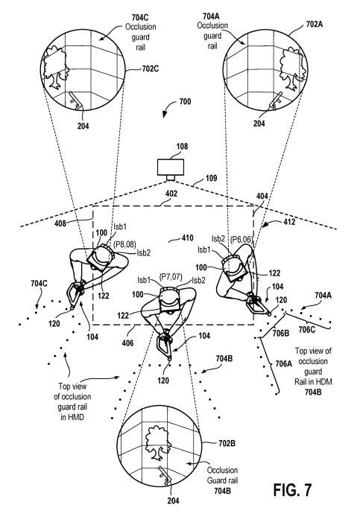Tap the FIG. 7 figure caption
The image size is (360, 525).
tap(292, 490)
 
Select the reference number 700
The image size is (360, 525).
tap(185, 101)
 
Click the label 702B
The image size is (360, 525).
tap(227, 443)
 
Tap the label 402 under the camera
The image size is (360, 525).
tap(171, 194)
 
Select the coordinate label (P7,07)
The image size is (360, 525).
tap(170, 277)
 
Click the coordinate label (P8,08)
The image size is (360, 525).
tap(124, 244)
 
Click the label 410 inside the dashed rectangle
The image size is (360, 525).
tap(187, 238)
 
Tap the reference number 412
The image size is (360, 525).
tap(289, 222)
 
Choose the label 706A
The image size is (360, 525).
tap(283, 363)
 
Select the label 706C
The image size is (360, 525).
tap(306, 330)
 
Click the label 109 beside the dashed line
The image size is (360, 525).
tap(211, 178)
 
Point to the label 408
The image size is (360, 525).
tap(60, 223)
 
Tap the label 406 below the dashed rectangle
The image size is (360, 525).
tap(127, 343)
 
